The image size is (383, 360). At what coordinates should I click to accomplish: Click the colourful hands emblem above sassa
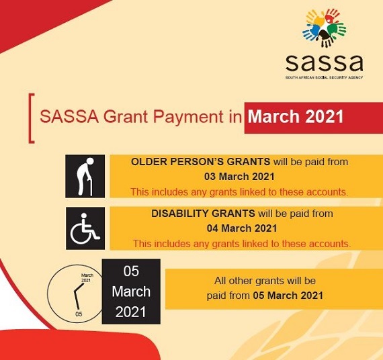pyautogui.click(x=325, y=28)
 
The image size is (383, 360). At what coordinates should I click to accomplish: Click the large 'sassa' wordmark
pyautogui.click(x=324, y=62)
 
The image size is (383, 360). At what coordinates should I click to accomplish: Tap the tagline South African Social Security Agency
pyautogui.click(x=324, y=78)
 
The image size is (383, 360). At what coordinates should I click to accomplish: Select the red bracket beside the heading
pyautogui.click(x=31, y=118)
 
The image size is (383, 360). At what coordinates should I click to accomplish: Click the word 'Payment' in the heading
pyautogui.click(x=187, y=117)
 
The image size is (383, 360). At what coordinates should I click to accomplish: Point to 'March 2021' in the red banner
pyautogui.click(x=296, y=116)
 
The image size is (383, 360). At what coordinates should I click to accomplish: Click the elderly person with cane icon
pyautogui.click(x=85, y=177)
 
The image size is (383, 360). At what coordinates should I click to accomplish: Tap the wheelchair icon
pyautogui.click(x=85, y=228)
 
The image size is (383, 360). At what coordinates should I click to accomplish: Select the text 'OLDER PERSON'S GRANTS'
pyautogui.click(x=200, y=162)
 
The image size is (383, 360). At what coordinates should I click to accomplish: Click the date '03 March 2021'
pyautogui.click(x=239, y=177)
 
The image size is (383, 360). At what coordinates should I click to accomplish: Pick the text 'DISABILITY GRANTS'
pyautogui.click(x=203, y=214)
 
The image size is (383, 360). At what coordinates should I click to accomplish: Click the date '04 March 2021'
pyautogui.click(x=242, y=228)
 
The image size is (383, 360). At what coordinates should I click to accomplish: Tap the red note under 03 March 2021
pyautogui.click(x=239, y=192)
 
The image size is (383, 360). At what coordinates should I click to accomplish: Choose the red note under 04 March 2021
pyautogui.click(x=242, y=244)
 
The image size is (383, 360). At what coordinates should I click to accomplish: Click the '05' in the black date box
pyautogui.click(x=131, y=271)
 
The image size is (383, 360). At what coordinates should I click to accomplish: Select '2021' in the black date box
pyautogui.click(x=130, y=312)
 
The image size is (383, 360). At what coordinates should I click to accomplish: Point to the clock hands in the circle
pyautogui.click(x=78, y=296)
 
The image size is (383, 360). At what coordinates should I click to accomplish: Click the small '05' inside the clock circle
pyautogui.click(x=79, y=314)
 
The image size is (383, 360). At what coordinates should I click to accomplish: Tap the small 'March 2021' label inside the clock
pyautogui.click(x=87, y=277)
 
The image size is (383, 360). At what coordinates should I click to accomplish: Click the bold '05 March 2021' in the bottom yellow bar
pyautogui.click(x=288, y=296)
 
